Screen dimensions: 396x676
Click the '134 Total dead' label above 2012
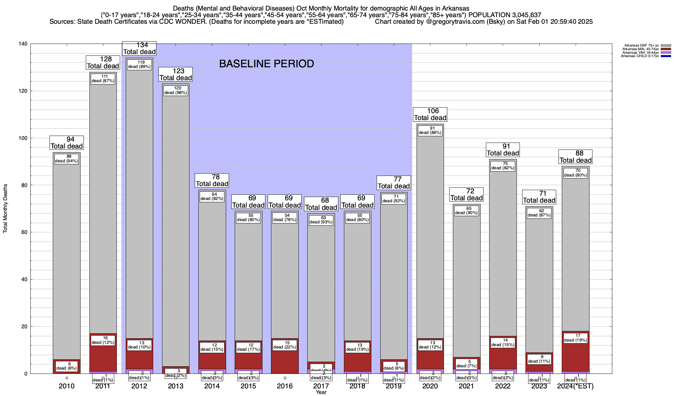[x=139, y=49]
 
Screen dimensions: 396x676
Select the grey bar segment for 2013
[x=176, y=231]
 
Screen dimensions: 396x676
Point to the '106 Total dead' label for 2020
[x=430, y=115]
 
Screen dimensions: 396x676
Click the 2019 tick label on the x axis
[x=394, y=386]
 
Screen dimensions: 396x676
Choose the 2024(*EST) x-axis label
[x=575, y=386]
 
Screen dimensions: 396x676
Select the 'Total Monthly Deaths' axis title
[x=5, y=209]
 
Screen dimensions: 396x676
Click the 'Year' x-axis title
[x=321, y=392]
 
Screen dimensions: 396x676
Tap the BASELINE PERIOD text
[x=266, y=64]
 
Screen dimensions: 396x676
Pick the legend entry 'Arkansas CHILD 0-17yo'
[x=640, y=56]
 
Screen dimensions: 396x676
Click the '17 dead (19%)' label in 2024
[x=575, y=338]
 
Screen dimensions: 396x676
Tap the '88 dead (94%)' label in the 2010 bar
[x=67, y=159]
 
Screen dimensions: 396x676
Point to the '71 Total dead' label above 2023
[x=539, y=197]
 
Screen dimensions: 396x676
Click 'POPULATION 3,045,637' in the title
[x=505, y=15]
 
